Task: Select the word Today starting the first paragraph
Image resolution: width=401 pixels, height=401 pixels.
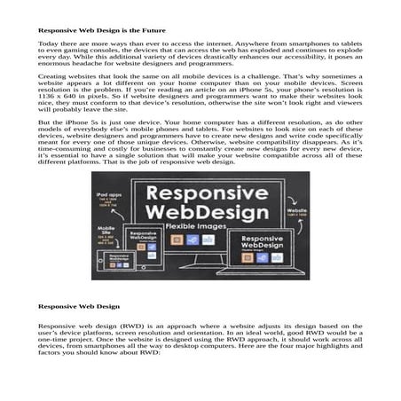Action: (47, 43)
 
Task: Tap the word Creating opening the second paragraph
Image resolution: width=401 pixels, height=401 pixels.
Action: (51, 78)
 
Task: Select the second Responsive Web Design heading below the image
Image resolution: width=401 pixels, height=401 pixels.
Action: (78, 307)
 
